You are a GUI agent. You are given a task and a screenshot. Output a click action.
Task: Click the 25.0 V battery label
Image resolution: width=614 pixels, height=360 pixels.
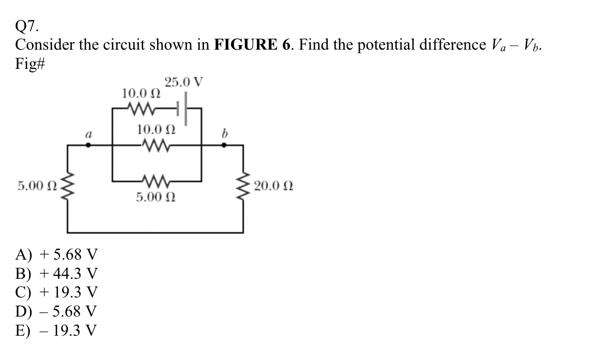[183, 82]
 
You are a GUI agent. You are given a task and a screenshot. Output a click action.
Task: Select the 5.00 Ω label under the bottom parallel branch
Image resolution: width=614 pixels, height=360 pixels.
[156, 197]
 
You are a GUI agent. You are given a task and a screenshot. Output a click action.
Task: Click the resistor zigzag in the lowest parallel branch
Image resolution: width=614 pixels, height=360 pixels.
[156, 182]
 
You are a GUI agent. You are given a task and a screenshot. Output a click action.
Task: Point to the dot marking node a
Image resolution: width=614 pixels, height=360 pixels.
[88, 146]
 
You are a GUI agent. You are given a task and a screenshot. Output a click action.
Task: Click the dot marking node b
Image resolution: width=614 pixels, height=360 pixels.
[223, 146]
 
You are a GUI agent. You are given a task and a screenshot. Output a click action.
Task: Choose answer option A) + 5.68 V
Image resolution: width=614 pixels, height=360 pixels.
[56, 254]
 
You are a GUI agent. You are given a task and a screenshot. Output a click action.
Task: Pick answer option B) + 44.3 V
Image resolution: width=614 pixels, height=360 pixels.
[56, 273]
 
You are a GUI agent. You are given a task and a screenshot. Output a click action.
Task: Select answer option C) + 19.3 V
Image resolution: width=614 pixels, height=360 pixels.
[56, 292]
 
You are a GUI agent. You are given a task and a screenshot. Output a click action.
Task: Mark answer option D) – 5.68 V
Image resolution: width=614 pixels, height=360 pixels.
[56, 311]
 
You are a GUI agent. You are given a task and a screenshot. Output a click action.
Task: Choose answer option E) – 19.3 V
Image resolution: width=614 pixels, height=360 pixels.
[56, 330]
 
